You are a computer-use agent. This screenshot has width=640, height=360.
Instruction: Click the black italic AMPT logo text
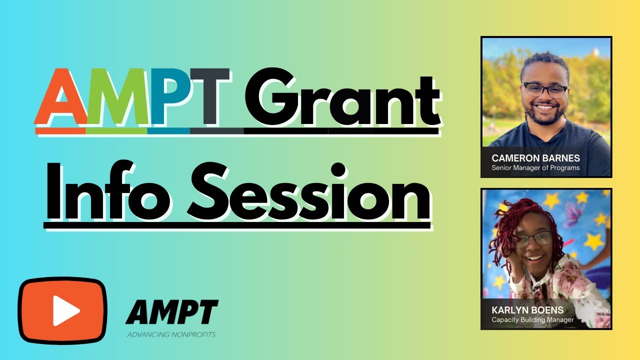pos(171,312)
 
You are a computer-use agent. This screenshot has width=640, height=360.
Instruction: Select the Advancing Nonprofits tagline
pos(171,334)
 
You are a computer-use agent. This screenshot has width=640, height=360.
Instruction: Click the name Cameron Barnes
pos(536,158)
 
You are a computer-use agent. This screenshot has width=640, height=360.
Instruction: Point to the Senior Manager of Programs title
pos(536,168)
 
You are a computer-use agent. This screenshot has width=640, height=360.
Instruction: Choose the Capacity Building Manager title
pos(533,320)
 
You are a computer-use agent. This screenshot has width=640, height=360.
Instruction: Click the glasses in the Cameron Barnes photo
pos(545,90)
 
